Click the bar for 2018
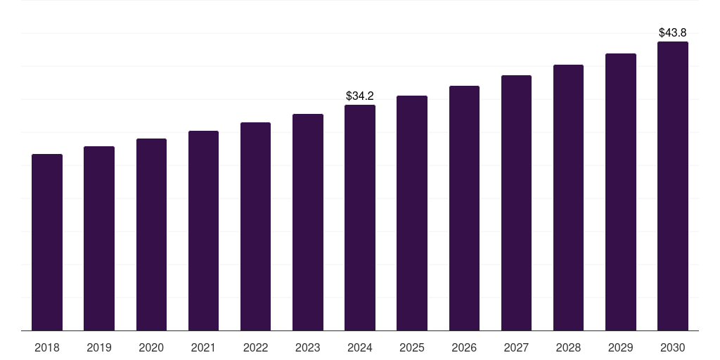coord(47,243)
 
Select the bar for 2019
coord(99,238)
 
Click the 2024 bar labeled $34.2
coord(360,218)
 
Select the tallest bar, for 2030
coord(672,186)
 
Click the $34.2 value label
coord(360,96)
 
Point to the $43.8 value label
coord(672,32)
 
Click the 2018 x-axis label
coord(47,347)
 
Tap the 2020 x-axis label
coord(151,347)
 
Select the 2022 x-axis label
coord(255,347)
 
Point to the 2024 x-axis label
coord(360,347)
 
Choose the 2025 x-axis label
coord(412,347)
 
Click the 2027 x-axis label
coord(516,347)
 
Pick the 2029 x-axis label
coord(620,347)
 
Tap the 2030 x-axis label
coord(672,347)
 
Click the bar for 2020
coord(151,235)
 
